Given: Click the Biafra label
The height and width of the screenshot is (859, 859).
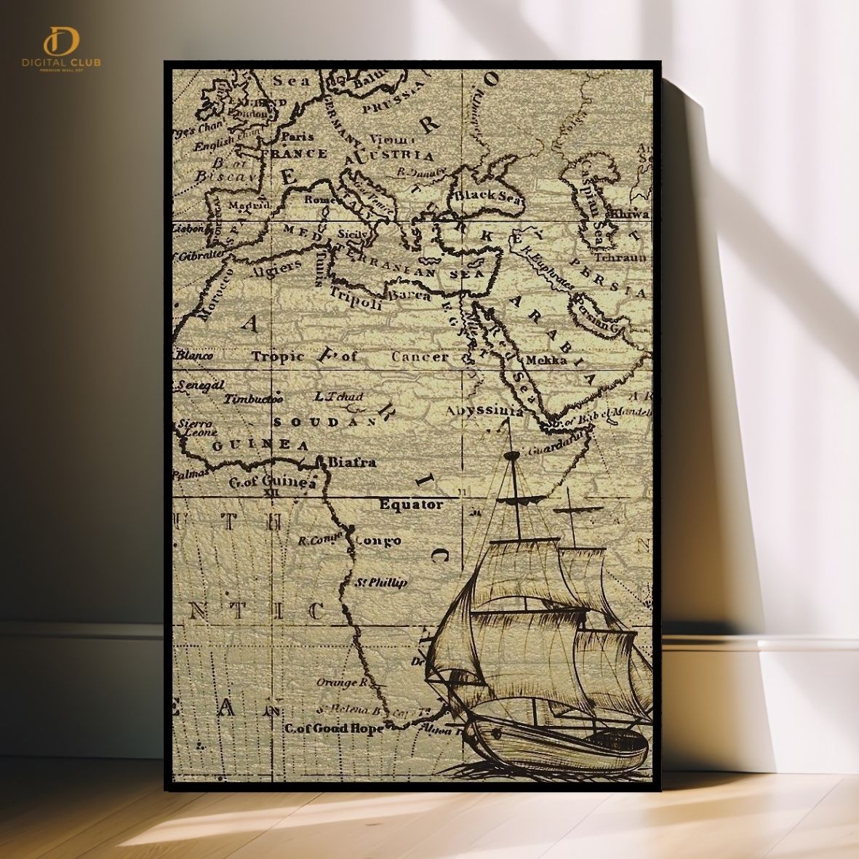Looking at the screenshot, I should [x=352, y=462].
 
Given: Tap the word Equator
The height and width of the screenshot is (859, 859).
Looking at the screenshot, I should [x=411, y=504].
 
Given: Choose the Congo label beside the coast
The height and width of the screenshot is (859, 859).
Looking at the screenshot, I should [x=377, y=541].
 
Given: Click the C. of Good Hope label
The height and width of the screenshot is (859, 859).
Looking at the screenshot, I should [x=333, y=728].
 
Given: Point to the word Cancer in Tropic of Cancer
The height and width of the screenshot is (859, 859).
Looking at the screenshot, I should [x=420, y=356].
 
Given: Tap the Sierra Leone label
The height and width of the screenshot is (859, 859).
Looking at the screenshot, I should [x=195, y=428].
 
